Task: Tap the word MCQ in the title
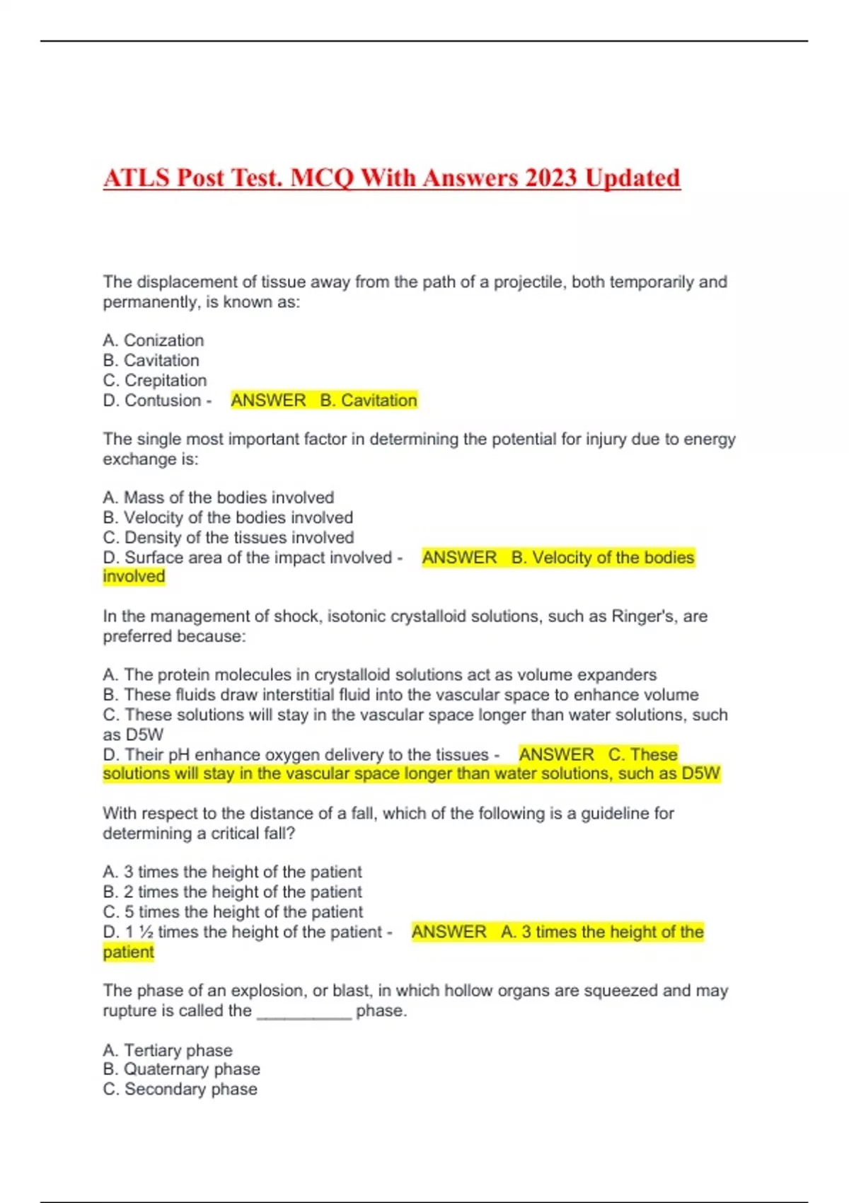click(x=322, y=178)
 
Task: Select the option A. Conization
click(x=154, y=340)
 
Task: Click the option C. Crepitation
click(x=155, y=381)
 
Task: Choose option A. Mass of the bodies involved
click(x=218, y=497)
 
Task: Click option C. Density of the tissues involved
click(x=228, y=538)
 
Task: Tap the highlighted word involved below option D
click(x=134, y=577)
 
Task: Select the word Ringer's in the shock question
click(x=645, y=616)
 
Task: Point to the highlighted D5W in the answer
click(x=700, y=773)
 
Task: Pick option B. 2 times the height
click(x=232, y=892)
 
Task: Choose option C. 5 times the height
click(x=233, y=912)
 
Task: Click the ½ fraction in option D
click(x=145, y=932)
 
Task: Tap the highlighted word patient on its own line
click(x=128, y=952)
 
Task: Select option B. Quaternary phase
click(x=181, y=1069)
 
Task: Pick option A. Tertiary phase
click(x=168, y=1050)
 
